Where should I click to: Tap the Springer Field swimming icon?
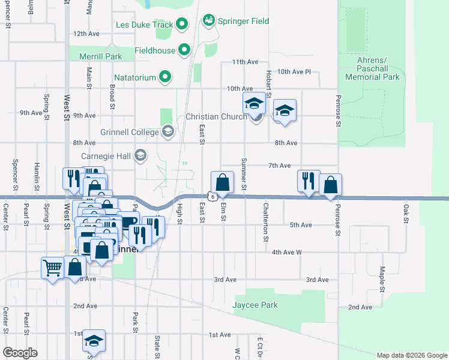click(x=209, y=21)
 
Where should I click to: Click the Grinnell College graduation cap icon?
click(x=167, y=132)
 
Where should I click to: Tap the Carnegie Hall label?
click(x=106, y=157)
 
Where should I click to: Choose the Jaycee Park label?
click(x=255, y=305)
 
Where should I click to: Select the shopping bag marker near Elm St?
click(x=222, y=182)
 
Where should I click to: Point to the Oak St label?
click(x=406, y=212)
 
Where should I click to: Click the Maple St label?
click(x=382, y=279)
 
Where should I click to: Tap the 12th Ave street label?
click(x=86, y=34)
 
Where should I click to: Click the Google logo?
click(x=20, y=353)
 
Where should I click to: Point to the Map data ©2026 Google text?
click(x=411, y=355)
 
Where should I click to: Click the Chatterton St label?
click(x=265, y=222)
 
